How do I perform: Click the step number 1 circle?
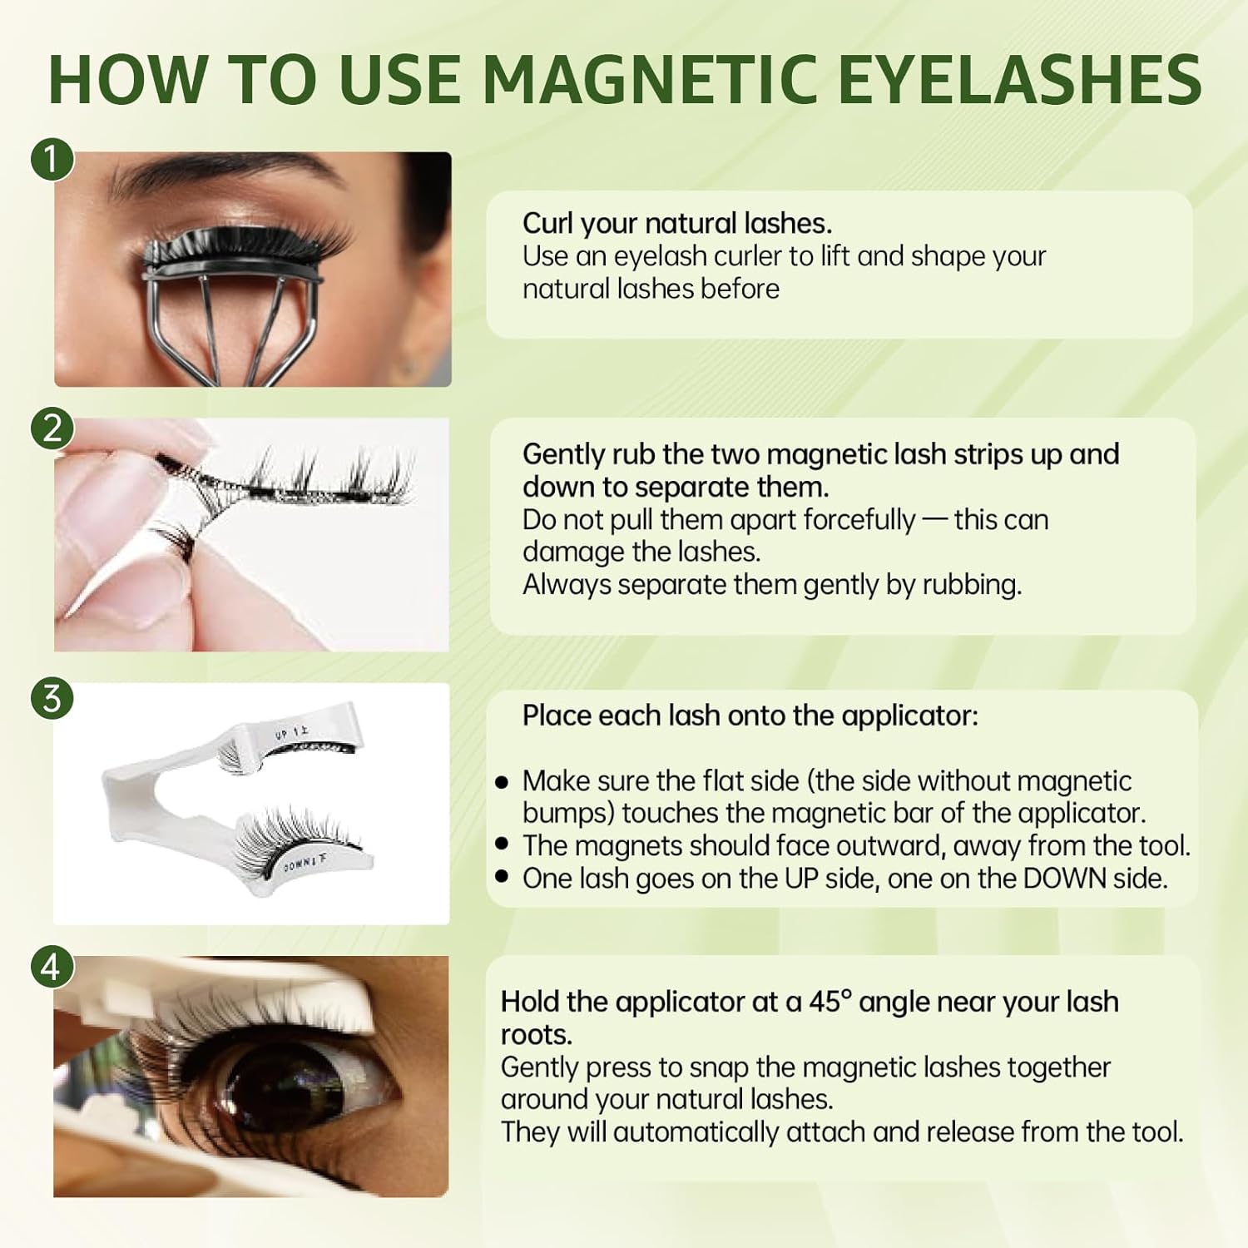(52, 158)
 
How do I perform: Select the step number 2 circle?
(52, 428)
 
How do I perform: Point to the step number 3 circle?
(52, 697)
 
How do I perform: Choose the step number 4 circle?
(52, 967)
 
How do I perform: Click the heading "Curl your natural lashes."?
(677, 224)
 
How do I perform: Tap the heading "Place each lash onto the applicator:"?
(750, 716)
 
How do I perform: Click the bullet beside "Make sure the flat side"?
(501, 782)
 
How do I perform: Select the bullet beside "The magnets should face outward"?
(501, 844)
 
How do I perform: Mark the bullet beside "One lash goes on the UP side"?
(501, 875)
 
